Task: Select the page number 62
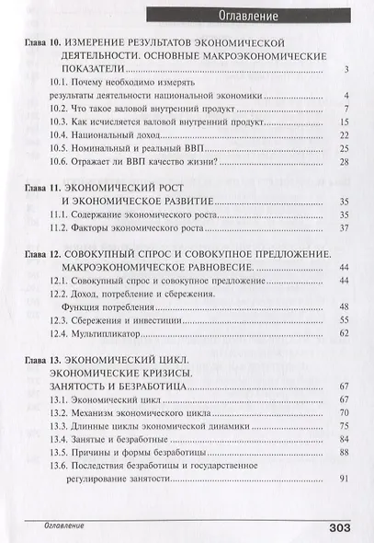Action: [345, 334]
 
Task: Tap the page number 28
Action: [345, 162]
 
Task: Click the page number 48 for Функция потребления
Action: [345, 306]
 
